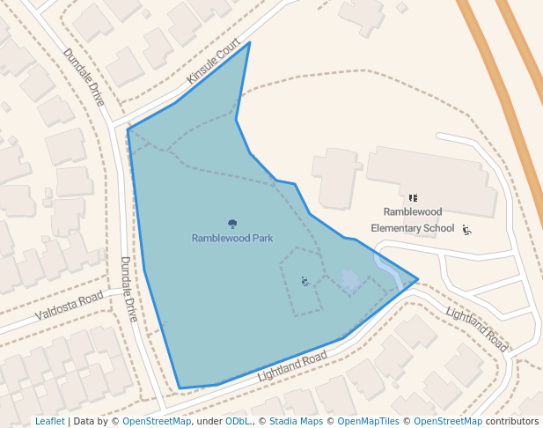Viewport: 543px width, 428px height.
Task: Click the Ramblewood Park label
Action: click(x=232, y=238)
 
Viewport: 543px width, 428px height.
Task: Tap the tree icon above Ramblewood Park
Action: click(x=232, y=225)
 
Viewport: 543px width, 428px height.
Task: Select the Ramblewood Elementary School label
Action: click(x=413, y=220)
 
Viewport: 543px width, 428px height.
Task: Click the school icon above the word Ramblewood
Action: click(x=413, y=198)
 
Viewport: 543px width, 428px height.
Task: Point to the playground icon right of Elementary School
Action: click(x=466, y=230)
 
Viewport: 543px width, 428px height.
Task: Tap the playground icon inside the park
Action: click(x=305, y=281)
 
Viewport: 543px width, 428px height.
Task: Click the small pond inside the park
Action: click(x=349, y=281)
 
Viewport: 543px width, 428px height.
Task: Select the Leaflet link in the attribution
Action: click(x=49, y=422)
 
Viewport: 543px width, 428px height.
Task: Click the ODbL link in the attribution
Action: click(x=238, y=422)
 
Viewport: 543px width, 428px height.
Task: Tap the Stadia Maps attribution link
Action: click(x=296, y=422)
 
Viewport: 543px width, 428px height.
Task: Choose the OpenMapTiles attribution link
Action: click(x=371, y=422)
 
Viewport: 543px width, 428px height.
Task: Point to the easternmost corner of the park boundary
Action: click(x=417, y=279)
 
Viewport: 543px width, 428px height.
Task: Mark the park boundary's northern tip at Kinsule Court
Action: click(x=250, y=42)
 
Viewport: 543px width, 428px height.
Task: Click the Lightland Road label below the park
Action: click(x=292, y=365)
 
